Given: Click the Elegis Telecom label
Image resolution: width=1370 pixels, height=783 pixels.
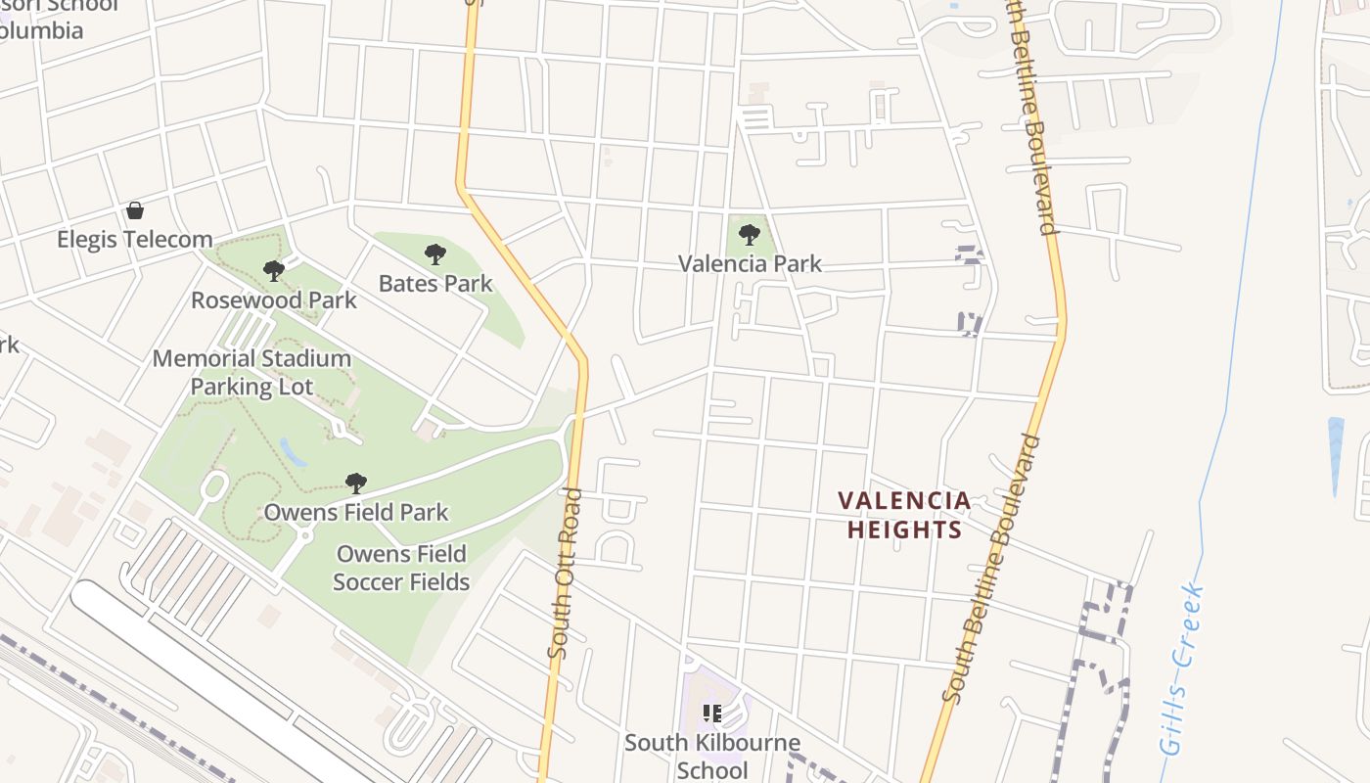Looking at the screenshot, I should (x=134, y=240).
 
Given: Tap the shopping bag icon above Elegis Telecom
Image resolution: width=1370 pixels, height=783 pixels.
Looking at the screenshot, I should (x=135, y=210).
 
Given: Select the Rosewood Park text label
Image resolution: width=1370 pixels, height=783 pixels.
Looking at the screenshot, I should (x=274, y=299).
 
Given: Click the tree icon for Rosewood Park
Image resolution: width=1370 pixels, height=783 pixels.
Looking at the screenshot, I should (x=274, y=271).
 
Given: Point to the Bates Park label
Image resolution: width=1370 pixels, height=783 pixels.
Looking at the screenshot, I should (x=435, y=284).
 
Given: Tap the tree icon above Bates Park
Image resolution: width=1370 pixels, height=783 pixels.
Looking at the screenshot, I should (x=435, y=255).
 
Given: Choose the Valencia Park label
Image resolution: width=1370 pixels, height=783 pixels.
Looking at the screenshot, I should (x=750, y=263).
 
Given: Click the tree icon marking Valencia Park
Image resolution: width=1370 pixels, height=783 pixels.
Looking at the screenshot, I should (x=750, y=235).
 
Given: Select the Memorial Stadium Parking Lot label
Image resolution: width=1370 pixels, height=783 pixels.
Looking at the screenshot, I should (x=251, y=372).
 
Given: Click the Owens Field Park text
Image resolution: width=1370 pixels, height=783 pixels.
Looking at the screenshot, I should (x=356, y=512).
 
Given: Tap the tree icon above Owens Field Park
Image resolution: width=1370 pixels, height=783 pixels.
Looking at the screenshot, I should (x=356, y=484).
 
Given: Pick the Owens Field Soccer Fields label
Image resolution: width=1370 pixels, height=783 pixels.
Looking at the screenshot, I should (x=401, y=568).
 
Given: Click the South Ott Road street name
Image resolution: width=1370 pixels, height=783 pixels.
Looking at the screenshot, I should (x=565, y=573).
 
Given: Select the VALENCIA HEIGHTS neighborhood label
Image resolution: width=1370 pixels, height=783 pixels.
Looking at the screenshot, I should (x=904, y=516).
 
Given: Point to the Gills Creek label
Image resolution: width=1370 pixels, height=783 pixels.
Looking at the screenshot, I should (x=1182, y=668).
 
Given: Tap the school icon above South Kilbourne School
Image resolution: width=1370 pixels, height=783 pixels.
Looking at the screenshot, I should (x=712, y=714).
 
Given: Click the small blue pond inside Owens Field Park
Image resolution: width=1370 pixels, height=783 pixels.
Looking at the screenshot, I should (x=293, y=452).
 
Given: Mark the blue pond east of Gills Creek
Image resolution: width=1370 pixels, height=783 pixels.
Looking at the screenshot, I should (x=1336, y=455).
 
